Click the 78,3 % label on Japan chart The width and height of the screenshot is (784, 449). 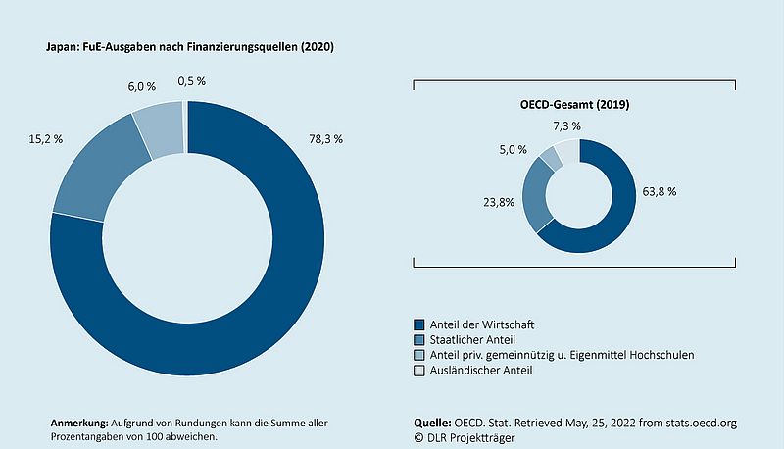coord(326,139)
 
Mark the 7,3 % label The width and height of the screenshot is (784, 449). coord(565,126)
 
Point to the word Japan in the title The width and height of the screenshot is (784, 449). coord(64,46)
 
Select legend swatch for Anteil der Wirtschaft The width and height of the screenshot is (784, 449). coord(419,324)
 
